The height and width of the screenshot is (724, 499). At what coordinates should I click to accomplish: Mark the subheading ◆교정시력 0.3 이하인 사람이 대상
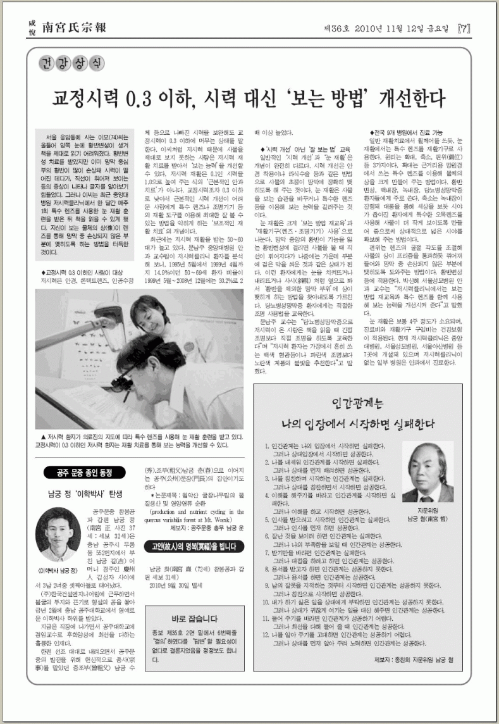pos(82,271)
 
